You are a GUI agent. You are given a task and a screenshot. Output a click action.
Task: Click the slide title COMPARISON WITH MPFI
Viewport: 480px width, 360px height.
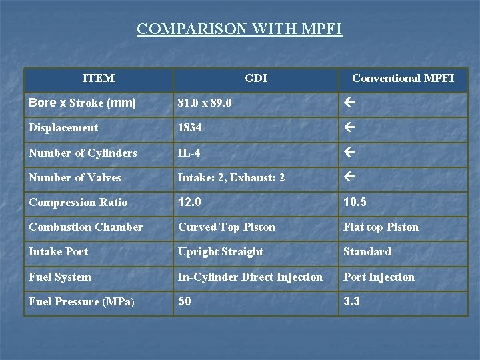[239, 29]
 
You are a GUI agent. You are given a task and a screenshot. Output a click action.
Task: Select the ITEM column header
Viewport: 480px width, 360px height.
[98, 79]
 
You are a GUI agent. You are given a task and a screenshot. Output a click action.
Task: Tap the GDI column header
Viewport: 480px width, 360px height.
[256, 79]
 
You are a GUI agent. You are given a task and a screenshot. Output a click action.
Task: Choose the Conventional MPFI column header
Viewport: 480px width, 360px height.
[403, 79]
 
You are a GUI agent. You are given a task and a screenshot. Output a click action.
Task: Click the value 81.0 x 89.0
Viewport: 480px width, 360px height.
[205, 103]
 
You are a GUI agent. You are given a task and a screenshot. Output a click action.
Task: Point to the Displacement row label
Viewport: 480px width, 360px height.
[63, 127]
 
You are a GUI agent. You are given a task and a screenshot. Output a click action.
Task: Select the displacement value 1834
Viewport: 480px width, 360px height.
[190, 127]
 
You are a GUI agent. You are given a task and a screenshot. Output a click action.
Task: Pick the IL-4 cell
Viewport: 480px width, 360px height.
[190, 153]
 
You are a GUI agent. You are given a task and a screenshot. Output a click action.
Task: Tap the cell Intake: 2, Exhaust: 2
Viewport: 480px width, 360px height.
[231, 177]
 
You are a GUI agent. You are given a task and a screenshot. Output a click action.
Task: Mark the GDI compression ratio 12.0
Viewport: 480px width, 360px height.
[189, 202]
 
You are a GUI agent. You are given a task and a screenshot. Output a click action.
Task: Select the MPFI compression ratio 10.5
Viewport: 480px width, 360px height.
[355, 202]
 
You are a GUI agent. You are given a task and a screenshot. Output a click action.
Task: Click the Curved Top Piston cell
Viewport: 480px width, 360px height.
[226, 227]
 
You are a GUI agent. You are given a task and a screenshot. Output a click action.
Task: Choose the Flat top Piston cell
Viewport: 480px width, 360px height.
[381, 227]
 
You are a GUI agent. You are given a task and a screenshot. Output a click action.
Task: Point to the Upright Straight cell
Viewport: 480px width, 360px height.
[220, 251]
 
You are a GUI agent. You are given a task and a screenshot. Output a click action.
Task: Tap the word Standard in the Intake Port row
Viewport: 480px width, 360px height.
[367, 251]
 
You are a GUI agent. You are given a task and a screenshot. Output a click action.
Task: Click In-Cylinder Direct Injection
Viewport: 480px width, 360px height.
[250, 277]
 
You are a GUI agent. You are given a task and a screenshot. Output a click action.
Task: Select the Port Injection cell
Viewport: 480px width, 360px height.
[379, 277]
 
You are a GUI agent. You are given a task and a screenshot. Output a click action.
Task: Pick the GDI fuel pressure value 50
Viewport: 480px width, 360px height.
[185, 301]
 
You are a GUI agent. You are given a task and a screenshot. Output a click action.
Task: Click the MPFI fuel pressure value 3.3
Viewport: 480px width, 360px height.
[351, 301]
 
